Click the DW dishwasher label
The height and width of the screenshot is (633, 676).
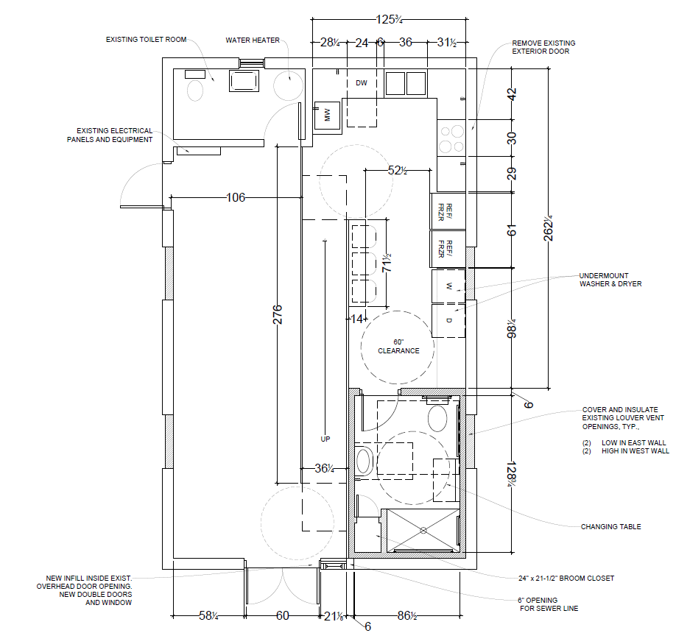click(362, 82)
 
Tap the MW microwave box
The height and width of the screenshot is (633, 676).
click(327, 115)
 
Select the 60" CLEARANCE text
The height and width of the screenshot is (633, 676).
click(398, 347)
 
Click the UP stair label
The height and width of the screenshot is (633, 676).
click(325, 439)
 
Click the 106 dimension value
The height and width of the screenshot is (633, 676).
click(236, 197)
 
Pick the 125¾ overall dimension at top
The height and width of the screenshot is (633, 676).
click(389, 19)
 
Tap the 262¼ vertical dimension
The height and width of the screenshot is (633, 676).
click(548, 228)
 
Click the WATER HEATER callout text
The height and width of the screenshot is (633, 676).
click(253, 40)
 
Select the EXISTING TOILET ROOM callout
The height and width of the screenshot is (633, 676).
click(146, 40)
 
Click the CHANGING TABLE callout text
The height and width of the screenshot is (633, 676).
click(610, 526)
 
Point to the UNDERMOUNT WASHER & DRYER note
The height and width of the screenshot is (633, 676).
click(610, 280)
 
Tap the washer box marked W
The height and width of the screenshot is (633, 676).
click(448, 286)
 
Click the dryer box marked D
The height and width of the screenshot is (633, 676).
click(448, 321)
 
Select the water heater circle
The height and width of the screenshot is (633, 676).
click(289, 85)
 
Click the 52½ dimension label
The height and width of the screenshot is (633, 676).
click(398, 171)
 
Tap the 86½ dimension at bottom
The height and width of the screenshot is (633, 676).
click(407, 615)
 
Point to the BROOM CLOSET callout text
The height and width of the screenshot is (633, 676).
click(566, 579)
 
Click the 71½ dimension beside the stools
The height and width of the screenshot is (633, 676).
click(387, 263)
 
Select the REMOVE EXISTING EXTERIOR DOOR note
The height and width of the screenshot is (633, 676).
click(543, 47)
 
